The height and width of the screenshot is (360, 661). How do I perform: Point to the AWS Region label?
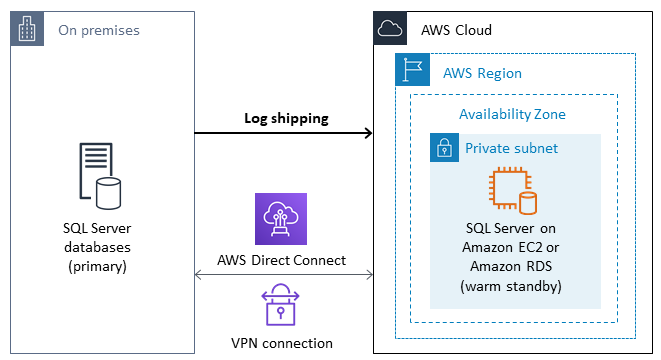click(x=482, y=74)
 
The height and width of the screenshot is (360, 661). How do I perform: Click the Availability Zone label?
click(x=512, y=114)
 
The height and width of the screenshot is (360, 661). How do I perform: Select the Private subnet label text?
click(x=511, y=149)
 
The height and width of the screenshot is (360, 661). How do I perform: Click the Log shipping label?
click(x=286, y=118)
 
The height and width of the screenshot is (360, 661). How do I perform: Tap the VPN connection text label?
click(x=282, y=343)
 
